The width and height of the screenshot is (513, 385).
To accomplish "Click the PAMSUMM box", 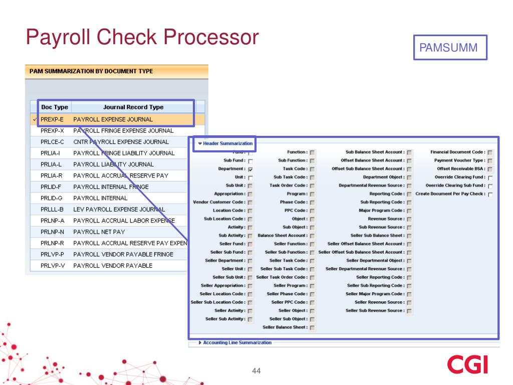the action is (x=449, y=48).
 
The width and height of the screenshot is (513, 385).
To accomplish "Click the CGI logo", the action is (x=467, y=364).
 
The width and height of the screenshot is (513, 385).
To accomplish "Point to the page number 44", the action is (x=256, y=371).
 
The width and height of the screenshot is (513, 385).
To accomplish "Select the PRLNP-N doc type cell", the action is (x=53, y=232).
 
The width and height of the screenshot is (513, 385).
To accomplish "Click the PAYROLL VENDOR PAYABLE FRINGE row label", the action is (x=123, y=254).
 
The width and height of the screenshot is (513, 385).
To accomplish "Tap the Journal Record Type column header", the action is (x=133, y=107).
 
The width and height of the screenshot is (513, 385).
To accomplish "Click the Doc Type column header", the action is (x=55, y=107).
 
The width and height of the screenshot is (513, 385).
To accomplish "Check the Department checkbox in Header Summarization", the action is (x=250, y=169).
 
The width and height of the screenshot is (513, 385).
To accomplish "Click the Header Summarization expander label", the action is (x=227, y=143).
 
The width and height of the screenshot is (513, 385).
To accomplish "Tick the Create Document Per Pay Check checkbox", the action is (x=490, y=195).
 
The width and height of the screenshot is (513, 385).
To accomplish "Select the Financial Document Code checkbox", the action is (x=490, y=152).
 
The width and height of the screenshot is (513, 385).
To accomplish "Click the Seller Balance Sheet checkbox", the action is (x=312, y=328).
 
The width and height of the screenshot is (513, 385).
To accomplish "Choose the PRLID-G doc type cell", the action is (x=53, y=198).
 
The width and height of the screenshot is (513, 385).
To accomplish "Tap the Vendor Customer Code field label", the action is (x=219, y=202).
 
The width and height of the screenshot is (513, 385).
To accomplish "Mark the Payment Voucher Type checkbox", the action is (x=490, y=161).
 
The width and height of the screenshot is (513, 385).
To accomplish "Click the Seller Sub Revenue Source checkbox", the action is (x=409, y=311).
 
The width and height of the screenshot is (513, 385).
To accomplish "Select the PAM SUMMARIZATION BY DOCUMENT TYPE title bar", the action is (x=116, y=71).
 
